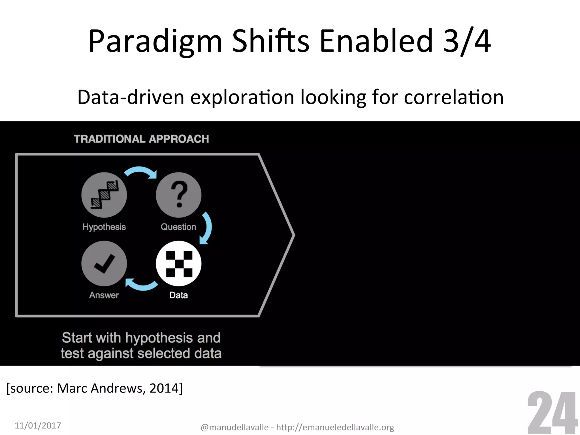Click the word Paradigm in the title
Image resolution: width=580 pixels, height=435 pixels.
coord(155,42)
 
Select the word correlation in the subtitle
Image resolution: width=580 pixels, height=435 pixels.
coord(453,97)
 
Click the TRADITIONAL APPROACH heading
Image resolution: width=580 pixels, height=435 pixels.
coord(141,139)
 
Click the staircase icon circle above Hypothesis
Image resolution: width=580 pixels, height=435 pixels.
coord(104,195)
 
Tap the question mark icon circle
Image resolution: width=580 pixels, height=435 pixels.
coord(178,195)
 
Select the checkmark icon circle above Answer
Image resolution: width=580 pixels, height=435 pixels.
coord(104,263)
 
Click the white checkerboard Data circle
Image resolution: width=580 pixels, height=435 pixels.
coord(178,263)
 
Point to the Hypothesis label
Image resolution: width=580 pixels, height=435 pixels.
coord(104,227)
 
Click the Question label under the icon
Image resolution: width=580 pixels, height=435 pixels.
coord(178,227)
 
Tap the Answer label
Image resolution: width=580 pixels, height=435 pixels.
coord(104,295)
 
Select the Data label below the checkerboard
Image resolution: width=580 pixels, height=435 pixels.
coord(178,295)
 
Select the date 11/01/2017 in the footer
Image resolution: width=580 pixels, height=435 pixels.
coord(38,425)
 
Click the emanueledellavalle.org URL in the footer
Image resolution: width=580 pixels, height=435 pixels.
coord(335,427)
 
